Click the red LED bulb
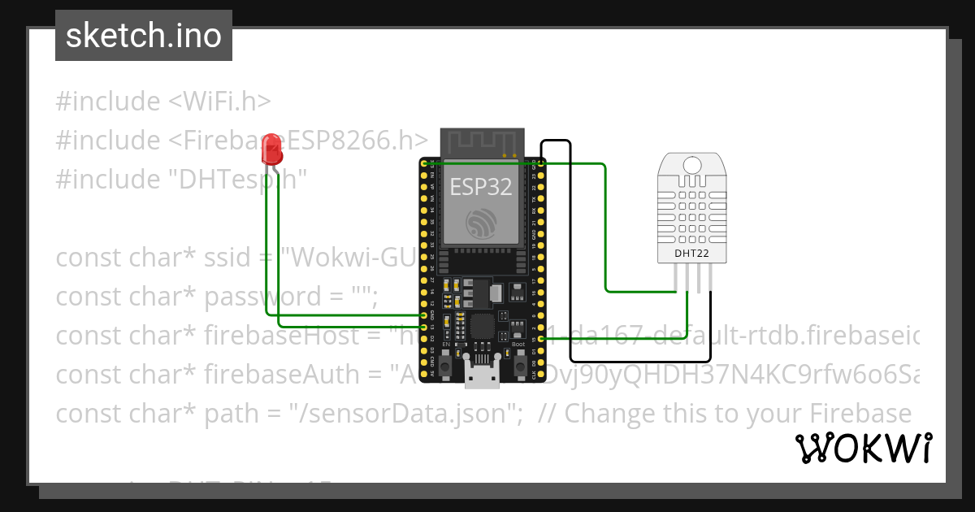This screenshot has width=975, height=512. (271, 150)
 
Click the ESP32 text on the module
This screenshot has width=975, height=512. (481, 187)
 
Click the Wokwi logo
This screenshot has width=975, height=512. (863, 448)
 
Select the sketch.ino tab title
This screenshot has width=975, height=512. (144, 36)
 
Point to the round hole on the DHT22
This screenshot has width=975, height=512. (691, 165)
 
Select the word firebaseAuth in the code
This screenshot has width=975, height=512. (290, 375)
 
